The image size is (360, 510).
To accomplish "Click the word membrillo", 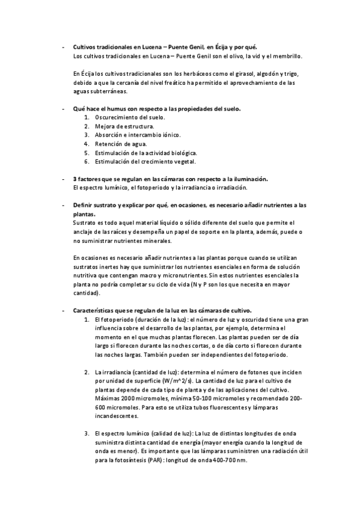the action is (x=287, y=56).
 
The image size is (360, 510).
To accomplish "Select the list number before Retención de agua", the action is (x=87, y=144).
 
